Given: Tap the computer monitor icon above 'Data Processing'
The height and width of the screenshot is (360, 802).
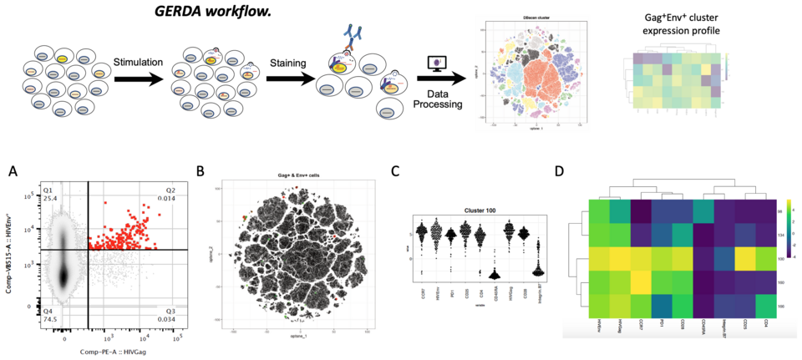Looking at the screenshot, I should click(x=434, y=64).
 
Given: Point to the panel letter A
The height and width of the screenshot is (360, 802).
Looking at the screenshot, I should click(x=12, y=171).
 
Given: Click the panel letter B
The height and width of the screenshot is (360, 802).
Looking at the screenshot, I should click(x=200, y=172).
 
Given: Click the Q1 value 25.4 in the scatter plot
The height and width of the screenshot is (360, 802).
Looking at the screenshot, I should click(x=49, y=199).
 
